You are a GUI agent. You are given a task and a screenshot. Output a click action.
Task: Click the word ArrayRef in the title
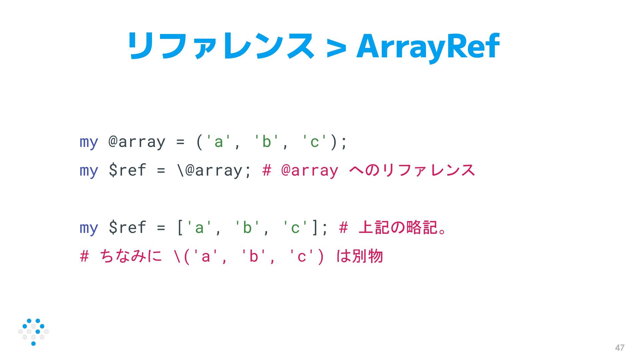coord(428,47)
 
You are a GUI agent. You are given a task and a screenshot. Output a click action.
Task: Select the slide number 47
coord(619,348)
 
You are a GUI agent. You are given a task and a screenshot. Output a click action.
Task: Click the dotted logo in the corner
coord(33,332)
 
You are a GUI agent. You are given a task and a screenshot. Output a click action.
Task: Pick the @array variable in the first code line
coord(137,142)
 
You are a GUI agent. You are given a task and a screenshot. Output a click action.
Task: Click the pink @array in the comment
coord(310,170)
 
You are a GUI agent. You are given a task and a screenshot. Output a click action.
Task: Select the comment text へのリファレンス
coord(412,170)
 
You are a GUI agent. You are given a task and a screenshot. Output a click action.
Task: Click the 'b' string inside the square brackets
coord(247,228)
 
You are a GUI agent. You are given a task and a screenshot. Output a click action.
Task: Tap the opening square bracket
coord(180,228)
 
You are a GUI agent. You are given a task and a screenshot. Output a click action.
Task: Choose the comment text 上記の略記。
coord(403,228)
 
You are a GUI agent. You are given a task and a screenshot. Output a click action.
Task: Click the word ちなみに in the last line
coord(131,256)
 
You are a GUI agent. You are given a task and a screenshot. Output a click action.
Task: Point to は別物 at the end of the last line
coord(359,256)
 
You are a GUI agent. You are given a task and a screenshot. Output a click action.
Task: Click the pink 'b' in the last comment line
coord(254,256)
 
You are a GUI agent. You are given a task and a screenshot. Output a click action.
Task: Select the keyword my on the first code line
coord(89,142)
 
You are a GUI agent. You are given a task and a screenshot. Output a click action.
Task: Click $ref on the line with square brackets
coord(127,228)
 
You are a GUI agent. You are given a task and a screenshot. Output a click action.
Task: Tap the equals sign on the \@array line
coord(161,170)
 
